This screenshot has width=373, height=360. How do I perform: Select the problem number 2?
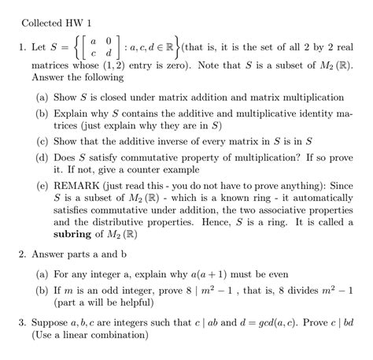pyautogui.click(x=24, y=256)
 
